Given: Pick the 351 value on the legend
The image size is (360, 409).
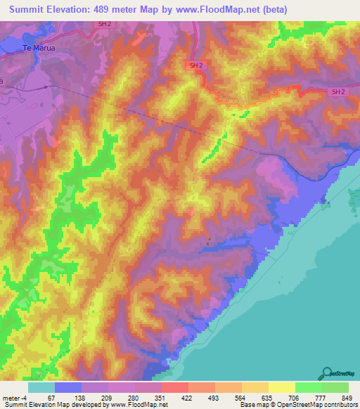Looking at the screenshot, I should pos(162,397).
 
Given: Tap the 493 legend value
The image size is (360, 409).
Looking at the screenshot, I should pos(215,397).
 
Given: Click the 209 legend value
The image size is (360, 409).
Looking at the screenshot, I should pos(106,397).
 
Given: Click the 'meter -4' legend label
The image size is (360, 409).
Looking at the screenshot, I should pos(13,397).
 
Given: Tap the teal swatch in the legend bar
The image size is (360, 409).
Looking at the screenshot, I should pos(41,387).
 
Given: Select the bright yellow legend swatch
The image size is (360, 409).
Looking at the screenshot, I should pos(282,387).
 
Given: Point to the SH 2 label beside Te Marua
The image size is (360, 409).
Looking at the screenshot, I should pos(103,24).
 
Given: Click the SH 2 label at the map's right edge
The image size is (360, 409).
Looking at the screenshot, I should pos(338,91).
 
